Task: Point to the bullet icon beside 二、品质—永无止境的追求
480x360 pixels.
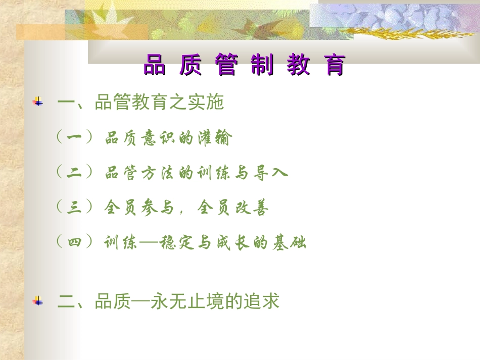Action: point(38,301)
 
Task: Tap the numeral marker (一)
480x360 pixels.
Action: point(74,137)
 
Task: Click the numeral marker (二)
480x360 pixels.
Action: point(74,172)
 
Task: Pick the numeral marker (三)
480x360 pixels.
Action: point(74,207)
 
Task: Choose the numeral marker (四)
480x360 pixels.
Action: point(74,242)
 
